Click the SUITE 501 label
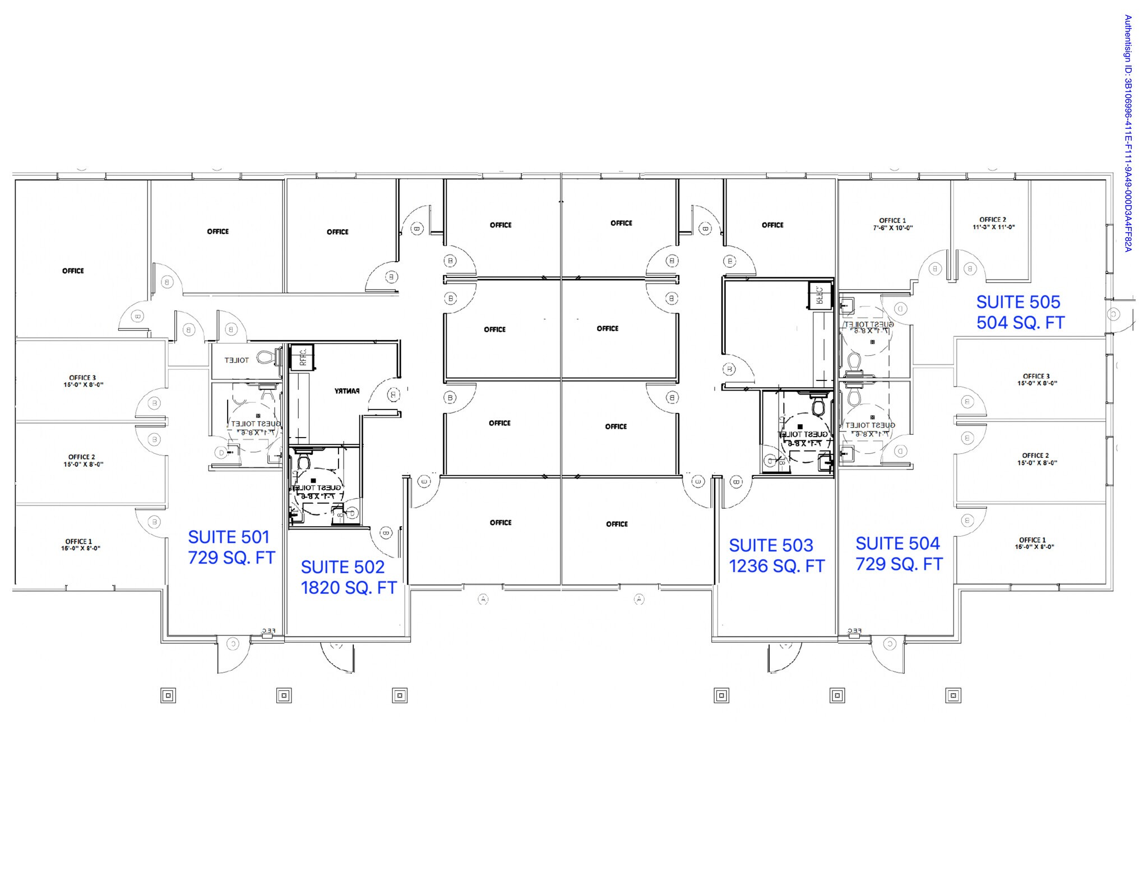coord(229,537)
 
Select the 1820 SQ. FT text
coord(349,588)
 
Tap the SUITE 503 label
coord(771,545)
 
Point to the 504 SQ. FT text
coord(1020,323)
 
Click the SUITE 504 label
coord(897,544)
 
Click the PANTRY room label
coord(347,391)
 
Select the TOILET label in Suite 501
coord(236,360)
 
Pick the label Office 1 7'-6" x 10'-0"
coord(892,224)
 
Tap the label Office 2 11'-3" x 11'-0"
coord(993,223)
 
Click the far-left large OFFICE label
coord(73,271)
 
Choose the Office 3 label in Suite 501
coord(82,381)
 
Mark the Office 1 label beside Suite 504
coord(1034,543)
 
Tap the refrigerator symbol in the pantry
coord(302,357)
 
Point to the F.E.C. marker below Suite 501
coord(268,632)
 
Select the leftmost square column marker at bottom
coord(168,696)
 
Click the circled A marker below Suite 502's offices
coord(483,600)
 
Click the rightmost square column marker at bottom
coord(953,696)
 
